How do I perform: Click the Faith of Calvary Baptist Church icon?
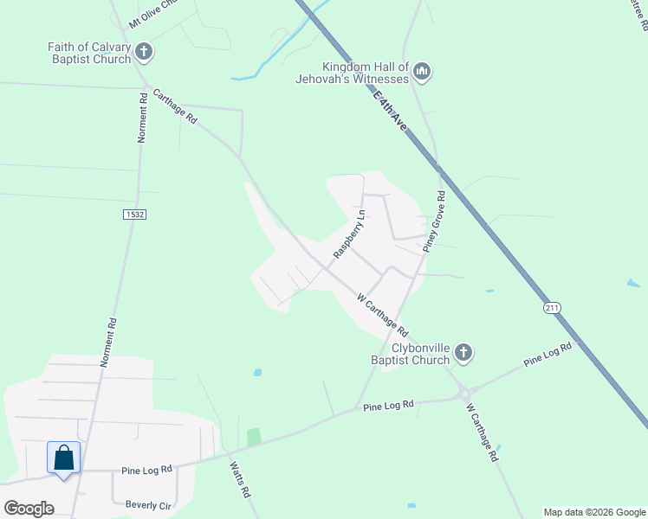pos(145,53)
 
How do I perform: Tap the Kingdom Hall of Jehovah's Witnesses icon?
pos(422,71)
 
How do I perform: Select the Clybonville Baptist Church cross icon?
pos(463,352)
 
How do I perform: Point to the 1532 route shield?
pos(134,214)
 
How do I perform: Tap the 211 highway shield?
pos(553,308)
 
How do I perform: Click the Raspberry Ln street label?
pos(350,234)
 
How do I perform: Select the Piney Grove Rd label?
pos(433,221)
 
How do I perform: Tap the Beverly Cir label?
pos(149,504)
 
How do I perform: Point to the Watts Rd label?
pos(240,479)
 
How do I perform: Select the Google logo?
pos(29,508)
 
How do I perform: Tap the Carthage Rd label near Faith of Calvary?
pos(175,107)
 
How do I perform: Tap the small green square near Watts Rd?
pos(253,437)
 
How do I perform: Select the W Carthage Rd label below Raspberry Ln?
pos(382,314)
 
